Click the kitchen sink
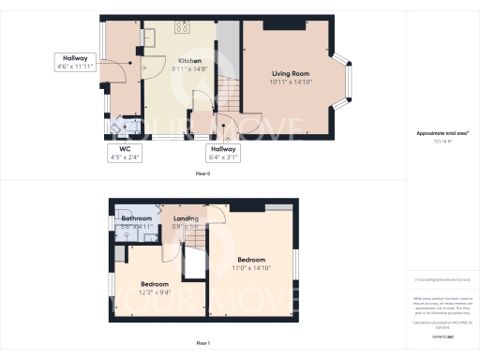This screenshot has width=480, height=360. (149, 37)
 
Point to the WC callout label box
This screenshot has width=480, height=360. (124, 152)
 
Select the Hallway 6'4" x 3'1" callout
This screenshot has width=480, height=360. (223, 153)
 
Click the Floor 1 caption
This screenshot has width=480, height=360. (203, 344)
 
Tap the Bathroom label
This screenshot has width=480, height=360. (128, 218)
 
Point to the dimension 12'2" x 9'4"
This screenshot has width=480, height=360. (155, 292)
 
